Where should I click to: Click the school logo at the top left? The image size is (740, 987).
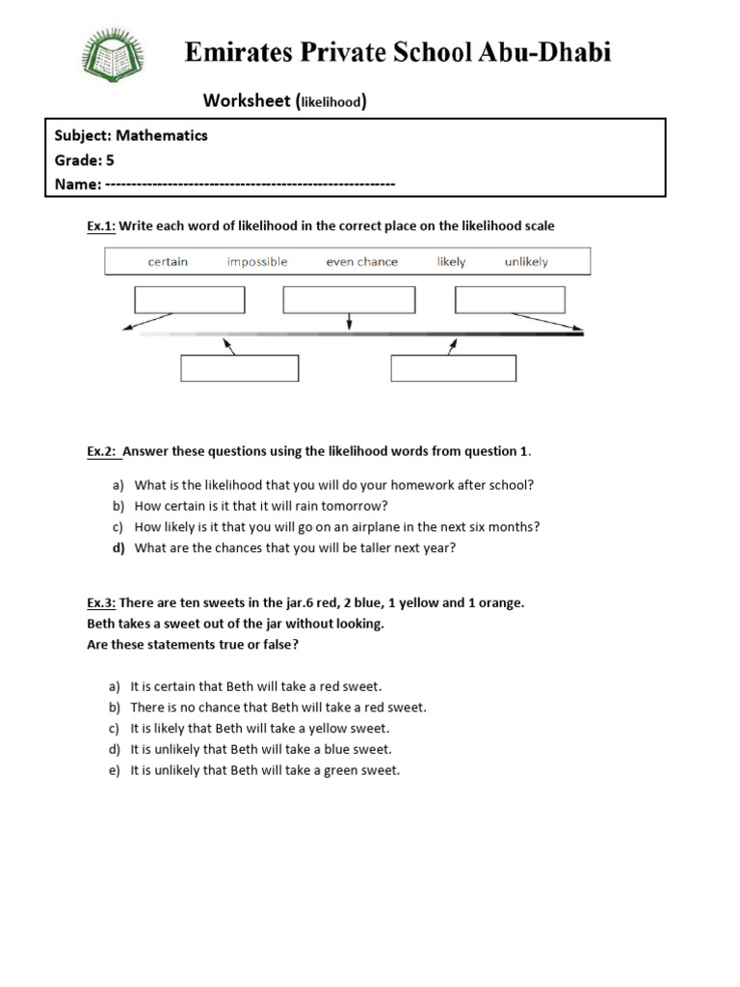pos(115,61)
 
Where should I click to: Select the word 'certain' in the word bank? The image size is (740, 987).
pos(168,261)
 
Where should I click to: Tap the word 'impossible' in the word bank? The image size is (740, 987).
pos(257,261)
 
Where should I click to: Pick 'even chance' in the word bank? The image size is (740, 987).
pos(361,261)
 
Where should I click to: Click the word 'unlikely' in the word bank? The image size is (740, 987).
pos(526,261)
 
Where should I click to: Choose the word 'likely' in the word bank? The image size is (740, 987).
pos(451,261)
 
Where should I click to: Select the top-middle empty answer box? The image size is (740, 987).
pos(349,300)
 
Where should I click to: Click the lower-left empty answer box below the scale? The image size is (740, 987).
pos(240,368)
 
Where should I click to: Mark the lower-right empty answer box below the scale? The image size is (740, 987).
pos(453,368)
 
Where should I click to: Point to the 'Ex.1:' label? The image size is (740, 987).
pos(101,226)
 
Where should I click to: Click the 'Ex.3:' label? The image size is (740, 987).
pos(101,602)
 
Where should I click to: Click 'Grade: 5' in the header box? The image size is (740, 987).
pos(84,160)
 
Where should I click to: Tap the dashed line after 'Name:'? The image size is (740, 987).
pos(251,183)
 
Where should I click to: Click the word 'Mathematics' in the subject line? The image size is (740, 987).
pos(162,136)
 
